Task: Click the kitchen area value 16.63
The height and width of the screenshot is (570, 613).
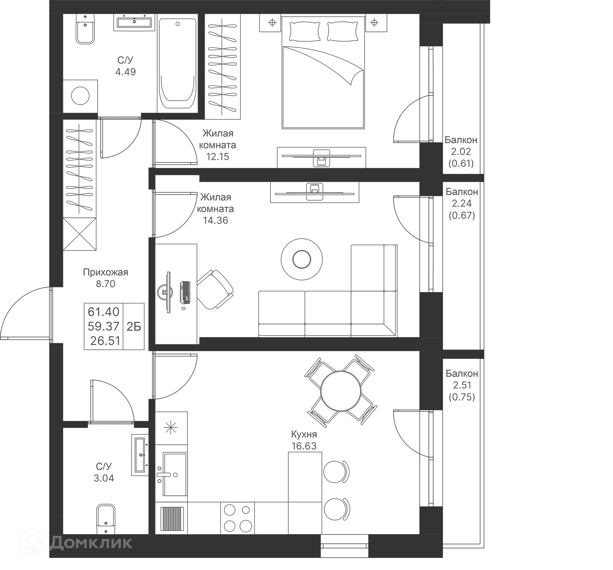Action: pyautogui.click(x=304, y=446)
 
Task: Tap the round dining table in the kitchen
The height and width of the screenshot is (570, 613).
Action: pyautogui.click(x=341, y=391)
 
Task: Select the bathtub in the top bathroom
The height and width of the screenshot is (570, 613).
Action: pyautogui.click(x=178, y=64)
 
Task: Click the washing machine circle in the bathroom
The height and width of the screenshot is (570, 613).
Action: pyautogui.click(x=80, y=96)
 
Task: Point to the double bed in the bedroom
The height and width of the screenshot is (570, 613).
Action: pyautogui.click(x=323, y=73)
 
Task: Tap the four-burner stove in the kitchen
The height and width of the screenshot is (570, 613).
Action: pyautogui.click(x=237, y=518)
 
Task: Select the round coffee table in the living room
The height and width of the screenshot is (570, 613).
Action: pyautogui.click(x=302, y=259)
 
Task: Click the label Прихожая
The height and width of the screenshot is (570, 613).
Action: pyautogui.click(x=105, y=272)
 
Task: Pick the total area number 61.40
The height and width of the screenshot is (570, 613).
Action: pyautogui.click(x=103, y=312)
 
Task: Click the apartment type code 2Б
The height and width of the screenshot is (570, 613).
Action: pyautogui.click(x=134, y=327)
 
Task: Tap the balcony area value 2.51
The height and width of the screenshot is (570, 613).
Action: pyautogui.click(x=462, y=385)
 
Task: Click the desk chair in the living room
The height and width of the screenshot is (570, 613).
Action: pyautogui.click(x=215, y=289)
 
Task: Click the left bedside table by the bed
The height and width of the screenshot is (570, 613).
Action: pyautogui.click(x=272, y=23)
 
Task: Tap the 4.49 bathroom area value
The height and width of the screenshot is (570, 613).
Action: pyautogui.click(x=125, y=72)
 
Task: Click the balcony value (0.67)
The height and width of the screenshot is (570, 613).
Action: pyautogui.click(x=462, y=215)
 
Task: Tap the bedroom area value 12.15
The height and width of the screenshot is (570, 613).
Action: pyautogui.click(x=217, y=157)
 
